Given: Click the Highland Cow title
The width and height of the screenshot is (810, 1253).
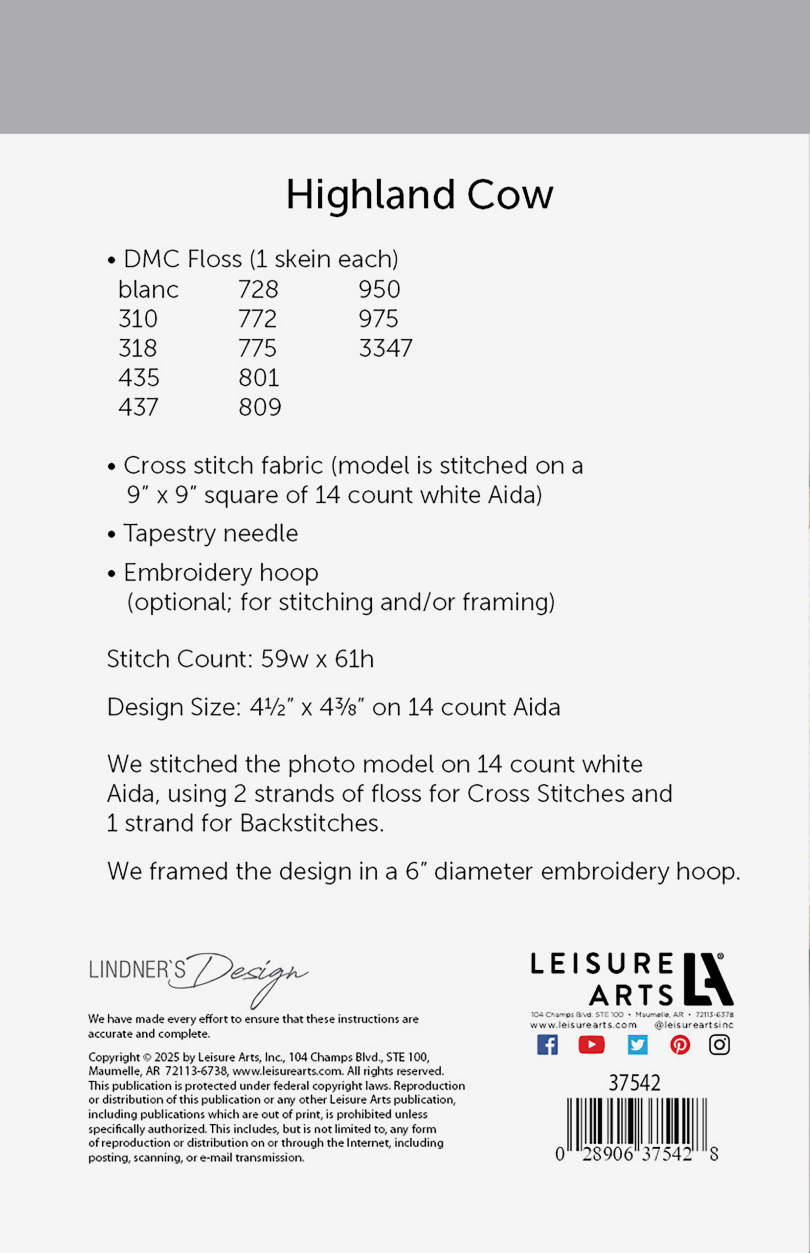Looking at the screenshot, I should (419, 195).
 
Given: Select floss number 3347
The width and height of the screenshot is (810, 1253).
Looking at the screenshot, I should (385, 348).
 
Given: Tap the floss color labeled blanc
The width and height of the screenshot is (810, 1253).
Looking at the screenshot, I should (148, 289).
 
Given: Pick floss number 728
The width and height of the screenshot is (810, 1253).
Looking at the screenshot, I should (258, 289).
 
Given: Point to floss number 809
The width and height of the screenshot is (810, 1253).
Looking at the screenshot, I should (260, 407).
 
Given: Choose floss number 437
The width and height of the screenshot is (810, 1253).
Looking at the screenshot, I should (138, 407).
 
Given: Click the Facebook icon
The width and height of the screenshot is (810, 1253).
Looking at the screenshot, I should (547, 1044).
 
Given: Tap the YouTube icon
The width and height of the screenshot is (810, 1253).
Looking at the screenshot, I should (591, 1044).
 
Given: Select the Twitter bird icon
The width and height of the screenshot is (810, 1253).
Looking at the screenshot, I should (637, 1044).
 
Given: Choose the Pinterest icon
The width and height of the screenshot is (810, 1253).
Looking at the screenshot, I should (680, 1044).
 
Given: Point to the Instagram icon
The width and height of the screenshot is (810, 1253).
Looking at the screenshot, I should (719, 1044).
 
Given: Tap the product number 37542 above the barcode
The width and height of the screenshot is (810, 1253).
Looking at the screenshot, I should (634, 1083).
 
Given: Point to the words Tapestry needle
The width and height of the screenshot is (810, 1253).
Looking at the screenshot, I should (210, 534).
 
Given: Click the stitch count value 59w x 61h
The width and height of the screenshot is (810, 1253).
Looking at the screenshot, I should (317, 659).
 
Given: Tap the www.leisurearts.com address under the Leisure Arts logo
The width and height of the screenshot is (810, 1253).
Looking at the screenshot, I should (584, 1025).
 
